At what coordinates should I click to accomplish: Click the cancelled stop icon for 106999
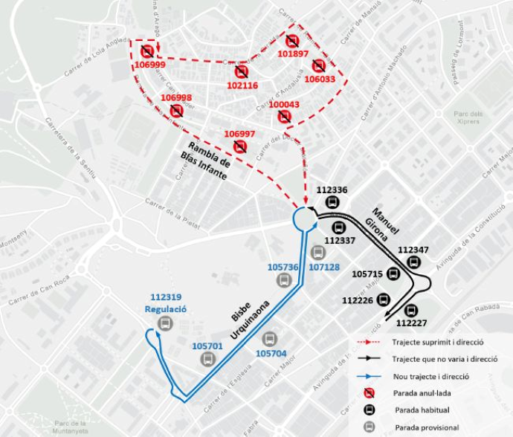pyautogui.click(x=147, y=51)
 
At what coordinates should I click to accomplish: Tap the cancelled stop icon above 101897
pyautogui.click(x=292, y=41)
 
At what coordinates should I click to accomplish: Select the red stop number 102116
pyautogui.click(x=242, y=85)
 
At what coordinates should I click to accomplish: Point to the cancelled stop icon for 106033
pyautogui.click(x=319, y=65)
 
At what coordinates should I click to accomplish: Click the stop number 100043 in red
pyautogui.click(x=284, y=105)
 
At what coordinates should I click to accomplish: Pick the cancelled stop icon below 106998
pyautogui.click(x=176, y=111)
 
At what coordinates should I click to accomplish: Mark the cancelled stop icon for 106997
pyautogui.click(x=239, y=146)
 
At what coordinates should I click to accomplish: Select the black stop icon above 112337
pyautogui.click(x=339, y=227)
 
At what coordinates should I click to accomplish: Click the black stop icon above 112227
pyautogui.click(x=410, y=311)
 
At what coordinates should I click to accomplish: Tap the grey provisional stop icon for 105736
pyautogui.click(x=283, y=280)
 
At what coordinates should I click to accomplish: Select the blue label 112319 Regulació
pyautogui.click(x=166, y=303)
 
